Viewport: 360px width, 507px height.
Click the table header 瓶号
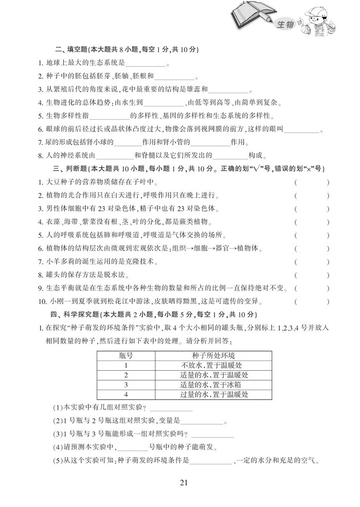[125, 356]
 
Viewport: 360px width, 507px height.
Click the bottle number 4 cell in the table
[125, 394]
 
